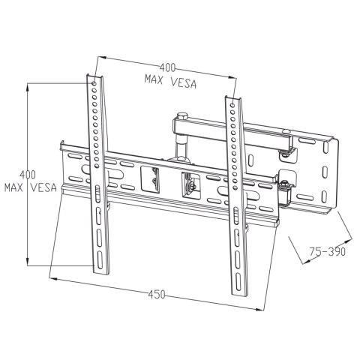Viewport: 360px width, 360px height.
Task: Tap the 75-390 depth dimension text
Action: coord(328,252)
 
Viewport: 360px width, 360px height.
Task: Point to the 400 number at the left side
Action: coord(27,174)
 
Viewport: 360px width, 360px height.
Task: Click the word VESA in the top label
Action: coord(181,83)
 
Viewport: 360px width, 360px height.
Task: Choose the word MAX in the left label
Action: coord(14,187)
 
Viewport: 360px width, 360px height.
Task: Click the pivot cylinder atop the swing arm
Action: coord(180,116)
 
